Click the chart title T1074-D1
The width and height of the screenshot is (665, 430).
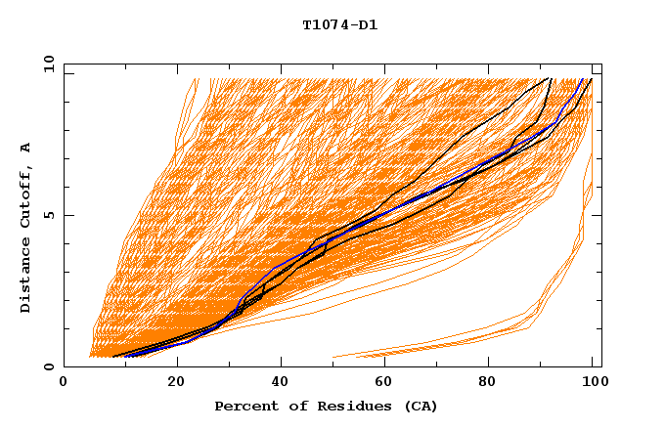[339, 25]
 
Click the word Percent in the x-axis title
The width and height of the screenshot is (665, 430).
[242, 406]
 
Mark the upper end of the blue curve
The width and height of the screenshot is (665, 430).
[583, 79]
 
